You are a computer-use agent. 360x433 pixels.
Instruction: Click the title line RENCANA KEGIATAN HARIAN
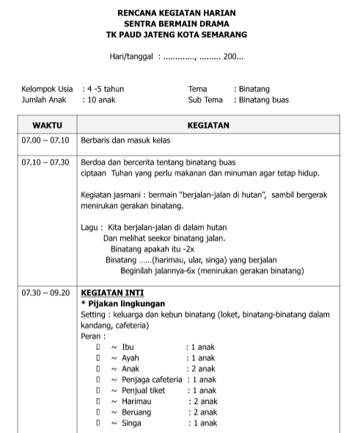click(x=181, y=12)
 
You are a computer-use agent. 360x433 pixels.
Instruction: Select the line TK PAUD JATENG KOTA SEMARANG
click(x=181, y=34)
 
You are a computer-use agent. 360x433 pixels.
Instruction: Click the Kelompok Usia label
click(x=48, y=89)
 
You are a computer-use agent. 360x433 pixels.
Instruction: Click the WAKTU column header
click(x=47, y=125)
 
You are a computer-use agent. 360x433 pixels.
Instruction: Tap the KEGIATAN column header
click(x=208, y=125)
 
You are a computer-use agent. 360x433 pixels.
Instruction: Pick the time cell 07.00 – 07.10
click(x=45, y=139)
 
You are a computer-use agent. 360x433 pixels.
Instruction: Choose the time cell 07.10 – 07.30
click(x=45, y=161)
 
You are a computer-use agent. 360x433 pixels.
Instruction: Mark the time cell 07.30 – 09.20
click(x=45, y=292)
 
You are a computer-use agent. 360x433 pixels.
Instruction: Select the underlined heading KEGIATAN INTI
click(x=112, y=292)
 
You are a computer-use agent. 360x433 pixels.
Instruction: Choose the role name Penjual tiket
click(x=143, y=390)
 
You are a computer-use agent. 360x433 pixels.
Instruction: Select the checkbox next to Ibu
click(x=98, y=346)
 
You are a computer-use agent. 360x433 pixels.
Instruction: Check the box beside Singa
click(x=98, y=423)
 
